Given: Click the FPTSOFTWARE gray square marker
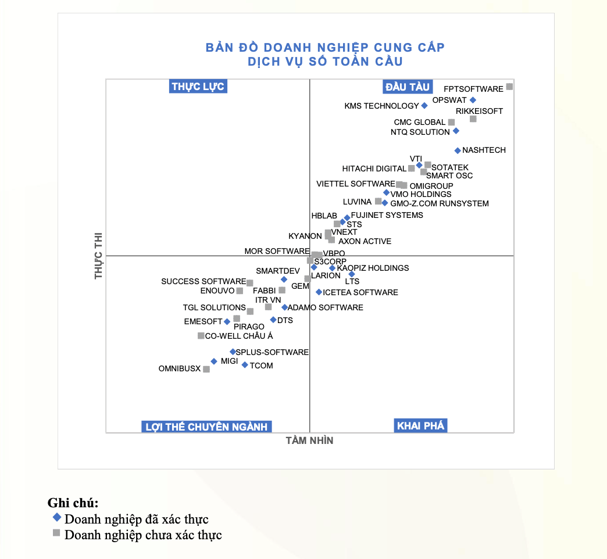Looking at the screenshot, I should [509, 87].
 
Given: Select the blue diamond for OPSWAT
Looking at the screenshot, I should [473, 100].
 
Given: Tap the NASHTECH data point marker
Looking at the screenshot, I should [458, 150].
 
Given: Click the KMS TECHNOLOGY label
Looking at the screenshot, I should [381, 106].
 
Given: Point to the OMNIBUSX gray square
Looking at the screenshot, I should [206, 369].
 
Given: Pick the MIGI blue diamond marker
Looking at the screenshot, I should [214, 361].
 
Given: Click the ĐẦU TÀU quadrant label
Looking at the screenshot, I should [408, 87].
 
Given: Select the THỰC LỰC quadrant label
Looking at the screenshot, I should [198, 87].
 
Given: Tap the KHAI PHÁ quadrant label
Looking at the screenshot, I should [420, 426].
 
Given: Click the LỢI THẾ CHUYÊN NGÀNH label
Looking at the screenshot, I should [206, 427].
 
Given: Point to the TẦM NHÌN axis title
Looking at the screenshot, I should [309, 440].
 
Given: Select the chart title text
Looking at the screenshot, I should [325, 54].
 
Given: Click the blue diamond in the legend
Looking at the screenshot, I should [56, 518].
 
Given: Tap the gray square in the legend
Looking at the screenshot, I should [56, 533].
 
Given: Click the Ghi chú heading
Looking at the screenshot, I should [73, 503].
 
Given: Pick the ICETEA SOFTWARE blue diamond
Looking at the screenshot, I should [319, 292].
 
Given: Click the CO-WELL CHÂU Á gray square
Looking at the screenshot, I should [201, 336].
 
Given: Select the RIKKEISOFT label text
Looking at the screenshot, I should [479, 111].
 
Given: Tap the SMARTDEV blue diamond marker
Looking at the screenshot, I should [284, 279].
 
